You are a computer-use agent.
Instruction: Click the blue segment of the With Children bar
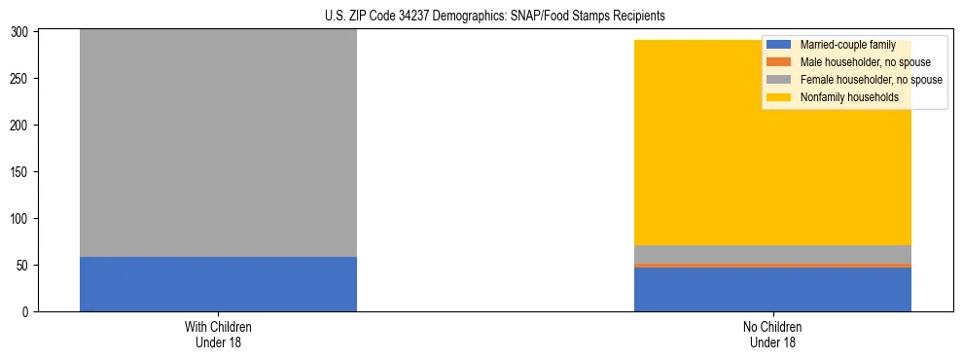point(218,284)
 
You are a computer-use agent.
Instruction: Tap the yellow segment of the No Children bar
point(772,165)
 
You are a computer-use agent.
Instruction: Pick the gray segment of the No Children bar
point(772,254)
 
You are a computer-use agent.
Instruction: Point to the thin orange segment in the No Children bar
point(772,265)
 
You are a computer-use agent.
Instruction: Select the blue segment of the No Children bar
point(772,289)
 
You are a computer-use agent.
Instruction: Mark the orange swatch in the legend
point(779,62)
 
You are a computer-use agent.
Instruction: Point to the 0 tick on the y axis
point(28,312)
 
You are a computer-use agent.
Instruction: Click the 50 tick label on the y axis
point(25,266)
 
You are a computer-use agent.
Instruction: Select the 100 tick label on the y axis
point(22,219)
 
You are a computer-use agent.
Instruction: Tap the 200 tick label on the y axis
point(22,126)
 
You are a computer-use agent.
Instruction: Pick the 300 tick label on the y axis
point(22,32)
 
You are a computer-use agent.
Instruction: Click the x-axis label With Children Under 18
point(218,334)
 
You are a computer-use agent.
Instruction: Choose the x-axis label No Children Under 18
point(772,334)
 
